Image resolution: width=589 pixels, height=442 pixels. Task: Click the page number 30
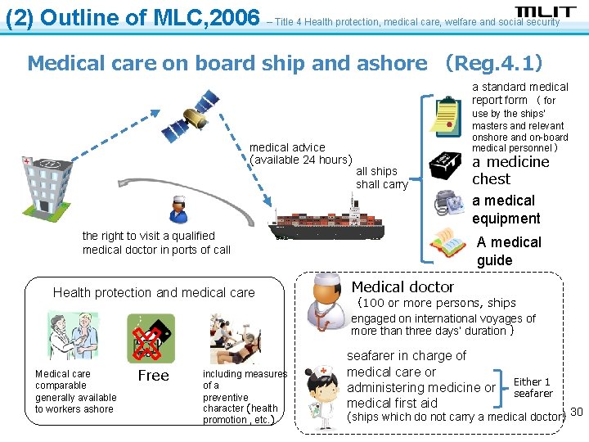coord(576,411)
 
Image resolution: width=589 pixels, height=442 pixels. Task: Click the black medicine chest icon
coord(447,165)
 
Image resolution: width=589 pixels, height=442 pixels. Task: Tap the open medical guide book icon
coord(447,244)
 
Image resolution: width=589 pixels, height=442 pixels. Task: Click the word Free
coord(153,376)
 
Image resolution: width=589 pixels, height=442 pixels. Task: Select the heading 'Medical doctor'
coord(402,287)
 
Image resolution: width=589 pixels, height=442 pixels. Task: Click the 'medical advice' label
coord(287,147)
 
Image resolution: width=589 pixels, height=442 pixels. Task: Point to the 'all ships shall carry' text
coord(381,178)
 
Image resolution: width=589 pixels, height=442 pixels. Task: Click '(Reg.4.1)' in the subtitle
coord(492,63)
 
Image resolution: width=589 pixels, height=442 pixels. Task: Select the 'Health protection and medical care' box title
coord(154,292)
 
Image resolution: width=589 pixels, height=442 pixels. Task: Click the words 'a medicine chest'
coord(510,170)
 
